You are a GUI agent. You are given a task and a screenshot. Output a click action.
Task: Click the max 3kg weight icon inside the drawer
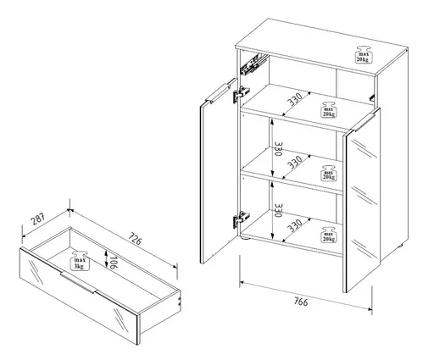(79, 258)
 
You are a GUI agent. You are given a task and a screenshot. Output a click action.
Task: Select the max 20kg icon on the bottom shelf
(328, 233)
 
